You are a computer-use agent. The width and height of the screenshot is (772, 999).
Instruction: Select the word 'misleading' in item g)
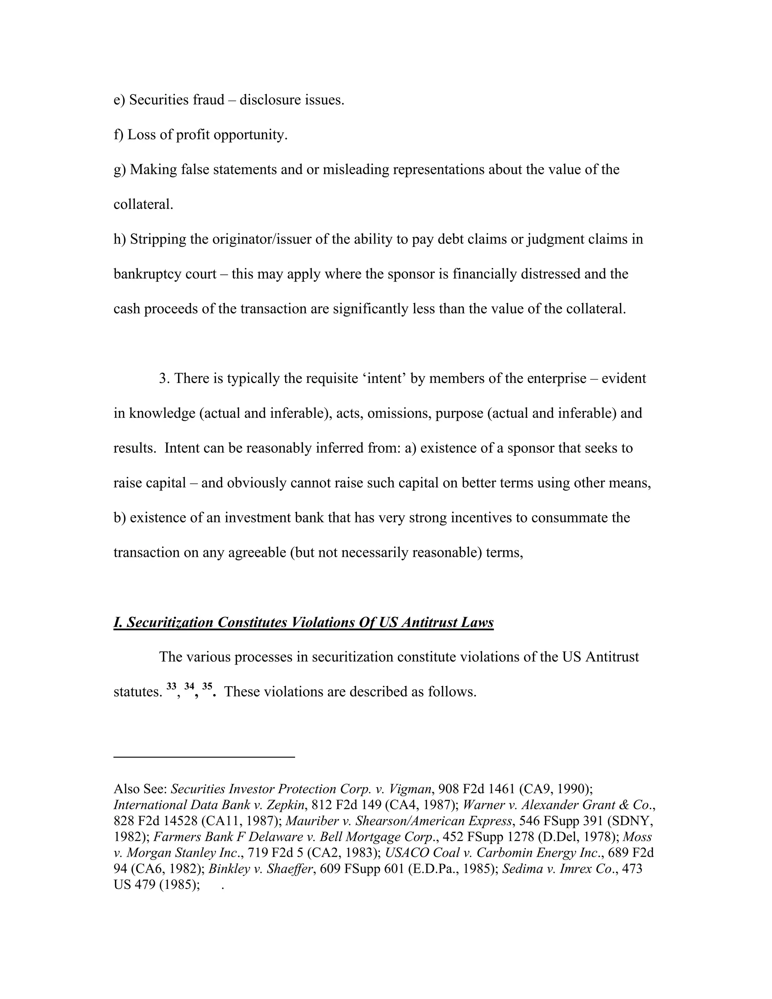pos(356,170)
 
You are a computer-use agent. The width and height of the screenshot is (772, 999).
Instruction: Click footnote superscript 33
pos(172,686)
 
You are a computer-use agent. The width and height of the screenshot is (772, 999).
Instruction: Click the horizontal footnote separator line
pos(204,757)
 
